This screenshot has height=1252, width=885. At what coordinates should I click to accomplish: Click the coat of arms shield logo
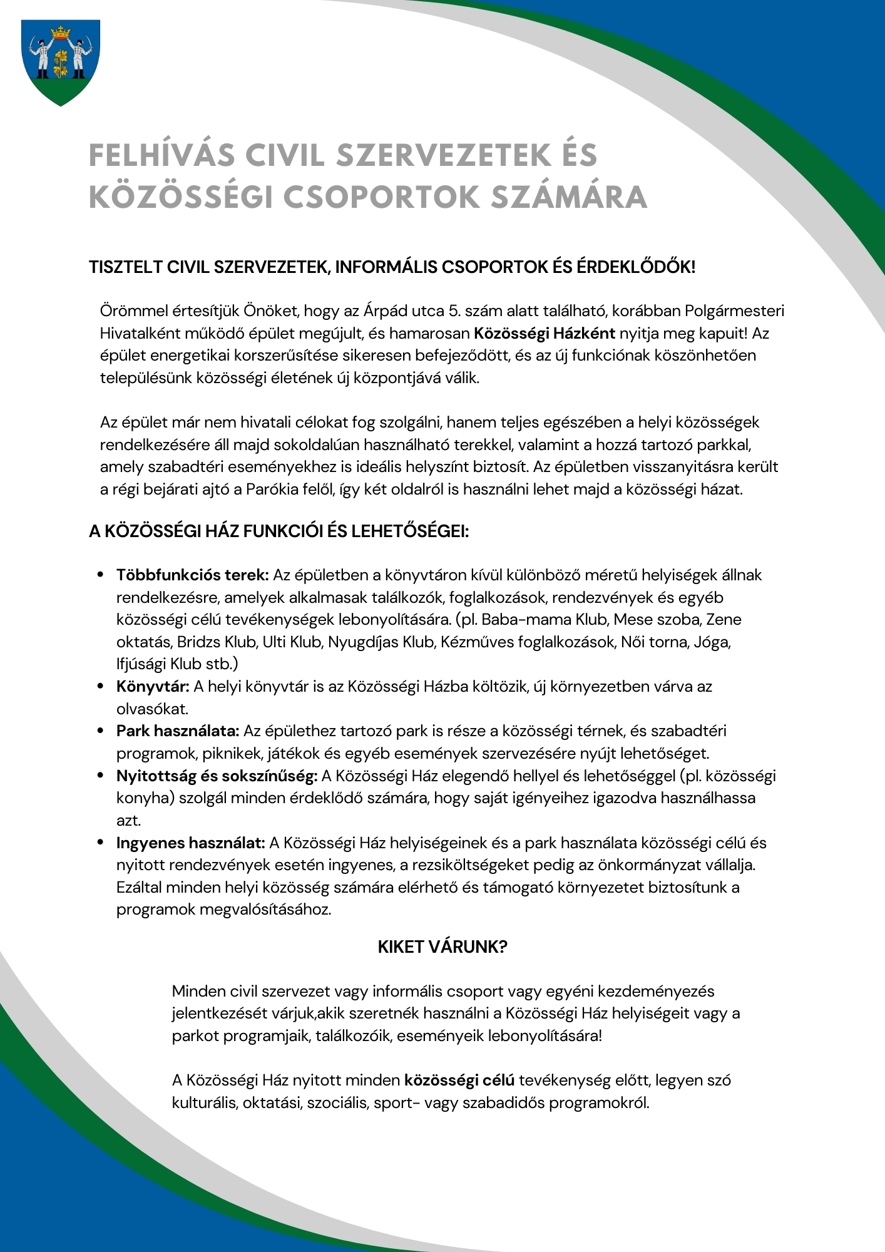coord(61,61)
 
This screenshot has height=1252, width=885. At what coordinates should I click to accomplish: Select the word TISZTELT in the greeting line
coord(125,267)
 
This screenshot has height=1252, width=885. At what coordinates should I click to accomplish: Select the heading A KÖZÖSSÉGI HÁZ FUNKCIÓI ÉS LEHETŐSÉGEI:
coord(279,531)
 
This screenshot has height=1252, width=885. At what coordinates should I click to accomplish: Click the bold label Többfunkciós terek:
coord(192,575)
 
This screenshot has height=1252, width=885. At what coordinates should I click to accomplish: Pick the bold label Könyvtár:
coord(153,687)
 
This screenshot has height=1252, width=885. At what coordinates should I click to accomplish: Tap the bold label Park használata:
coord(178,731)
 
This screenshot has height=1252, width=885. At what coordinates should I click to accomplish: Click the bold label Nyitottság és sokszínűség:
coord(217,776)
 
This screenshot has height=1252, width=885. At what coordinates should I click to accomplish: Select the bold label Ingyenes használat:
coord(191,843)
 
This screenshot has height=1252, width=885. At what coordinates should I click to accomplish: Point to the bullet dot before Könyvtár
coord(100,686)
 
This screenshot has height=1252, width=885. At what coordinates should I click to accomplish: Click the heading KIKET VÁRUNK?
coord(442,947)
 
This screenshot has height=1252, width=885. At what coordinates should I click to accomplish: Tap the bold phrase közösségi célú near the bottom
coord(459,1080)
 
